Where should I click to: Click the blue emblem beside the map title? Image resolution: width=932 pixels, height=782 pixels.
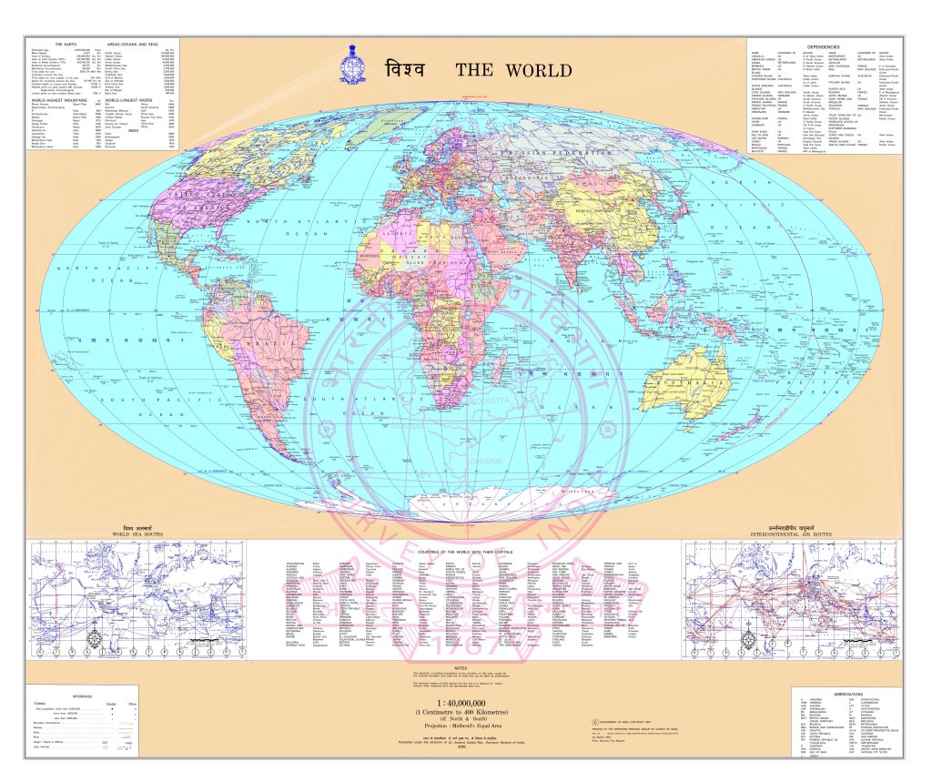click(x=353, y=66)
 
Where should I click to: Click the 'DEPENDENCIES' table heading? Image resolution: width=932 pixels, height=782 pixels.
click(x=824, y=46)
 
